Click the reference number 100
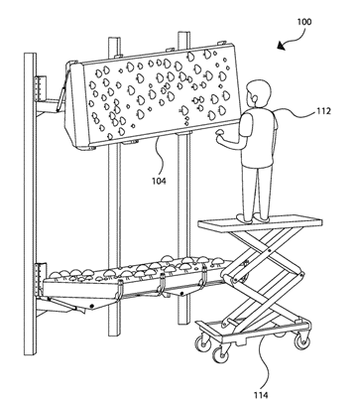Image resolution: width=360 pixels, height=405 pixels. click(x=304, y=22)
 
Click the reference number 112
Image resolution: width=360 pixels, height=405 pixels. click(x=323, y=111)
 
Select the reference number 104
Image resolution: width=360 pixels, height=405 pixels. click(x=159, y=181)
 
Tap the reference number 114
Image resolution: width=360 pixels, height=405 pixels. click(x=261, y=395)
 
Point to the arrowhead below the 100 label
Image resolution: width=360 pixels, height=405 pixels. click(x=282, y=46)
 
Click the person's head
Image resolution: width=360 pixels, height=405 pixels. click(x=259, y=93)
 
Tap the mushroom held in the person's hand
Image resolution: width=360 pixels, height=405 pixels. click(x=218, y=133)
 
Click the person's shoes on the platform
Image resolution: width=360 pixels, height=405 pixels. click(x=253, y=217)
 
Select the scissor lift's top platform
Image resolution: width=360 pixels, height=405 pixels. click(x=260, y=222)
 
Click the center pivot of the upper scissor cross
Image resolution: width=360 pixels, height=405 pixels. click(x=269, y=251)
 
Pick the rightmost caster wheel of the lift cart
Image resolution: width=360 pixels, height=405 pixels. click(x=301, y=340)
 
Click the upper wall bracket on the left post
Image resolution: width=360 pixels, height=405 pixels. click(x=41, y=88)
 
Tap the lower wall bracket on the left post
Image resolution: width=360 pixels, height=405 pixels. click(x=41, y=279)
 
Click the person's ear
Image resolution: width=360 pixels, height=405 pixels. click(x=254, y=97)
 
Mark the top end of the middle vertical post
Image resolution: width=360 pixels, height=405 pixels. click(x=114, y=38)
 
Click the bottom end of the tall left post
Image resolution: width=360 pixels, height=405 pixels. click(x=31, y=354)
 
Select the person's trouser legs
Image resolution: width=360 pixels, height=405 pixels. click(x=257, y=191)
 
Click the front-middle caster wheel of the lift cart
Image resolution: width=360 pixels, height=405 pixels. click(x=220, y=353)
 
